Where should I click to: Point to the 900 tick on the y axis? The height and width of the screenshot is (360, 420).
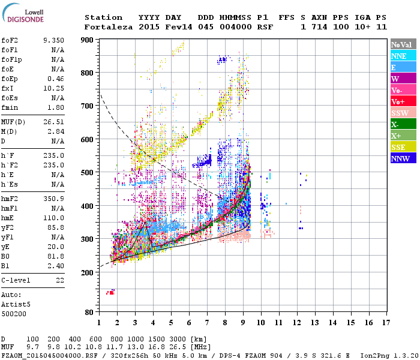point(87,40)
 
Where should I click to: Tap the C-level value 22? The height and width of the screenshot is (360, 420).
point(59,280)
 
